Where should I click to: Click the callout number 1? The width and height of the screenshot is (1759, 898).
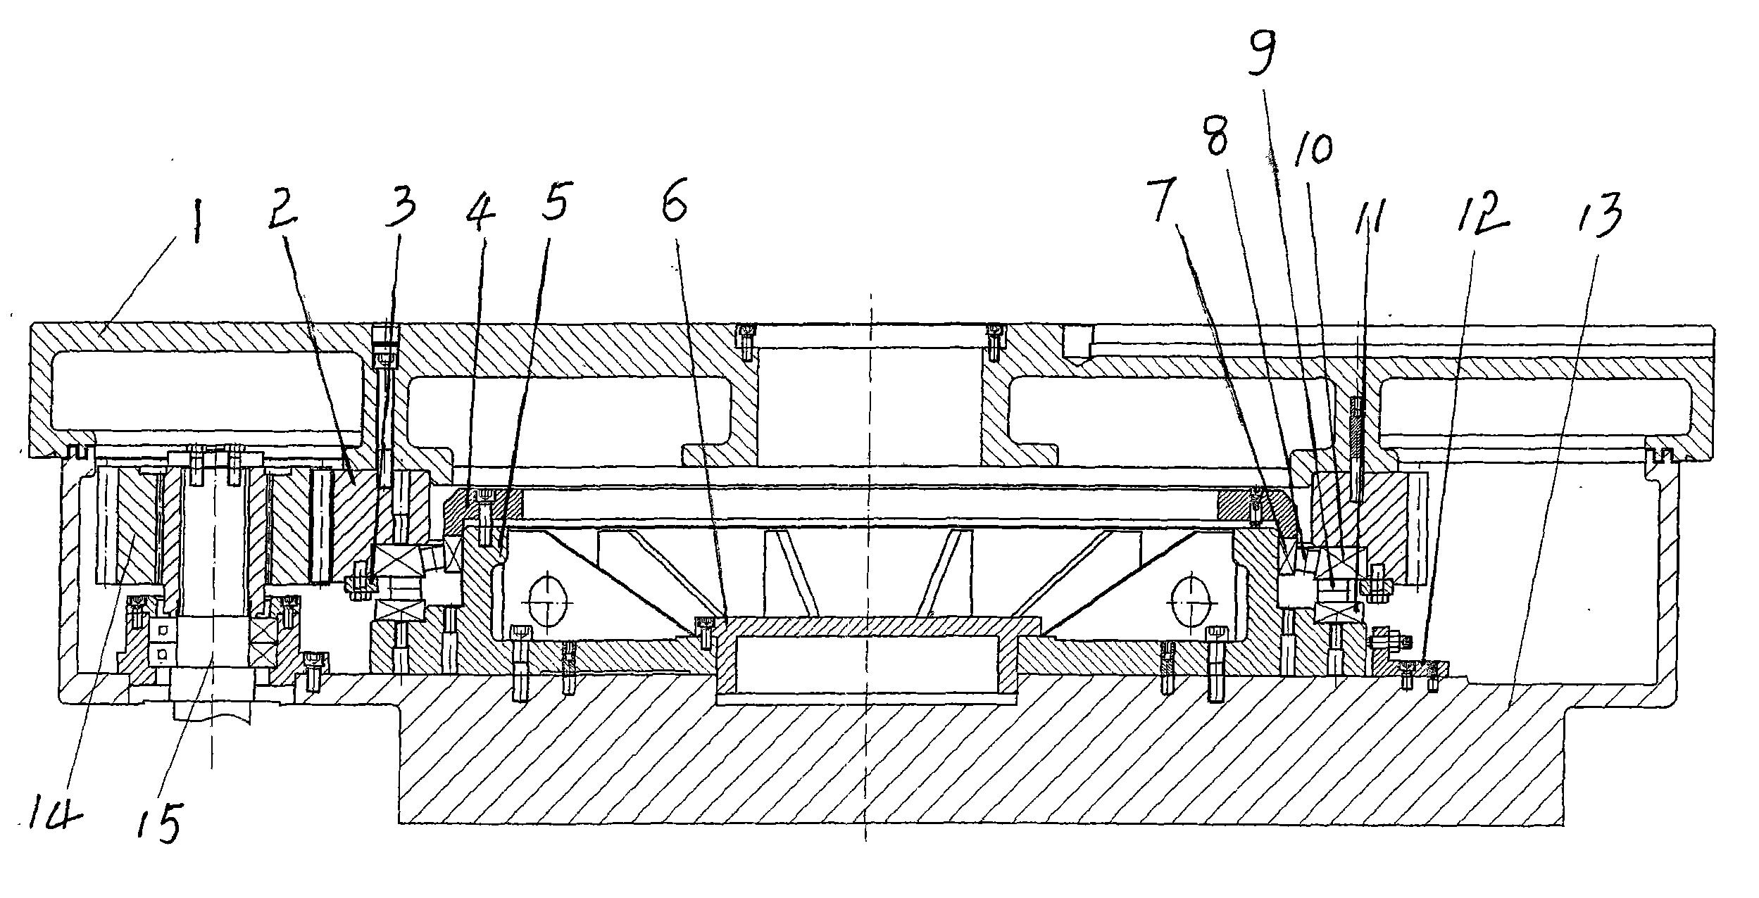tap(195, 211)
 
